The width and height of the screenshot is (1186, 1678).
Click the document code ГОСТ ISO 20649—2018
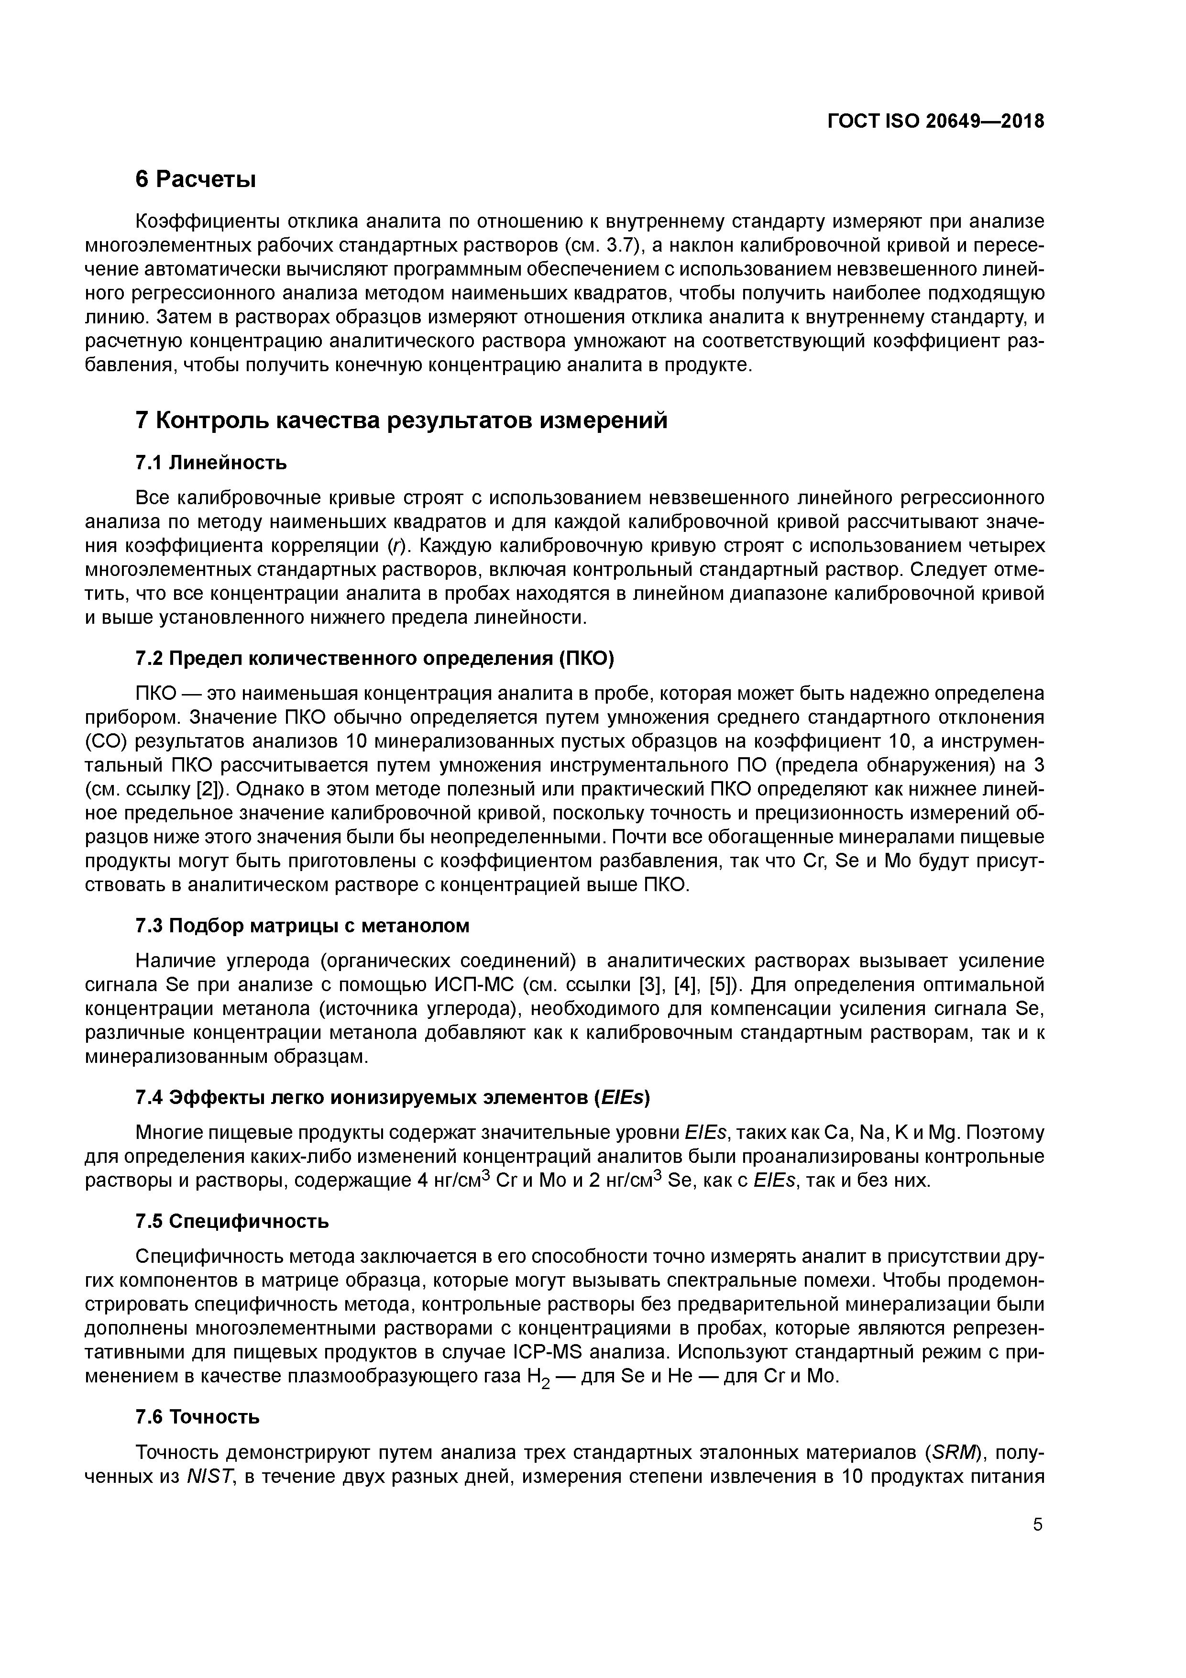pos(935,121)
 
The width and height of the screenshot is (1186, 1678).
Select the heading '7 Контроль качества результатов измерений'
pos(401,421)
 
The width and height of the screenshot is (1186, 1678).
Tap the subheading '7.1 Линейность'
pos(211,463)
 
